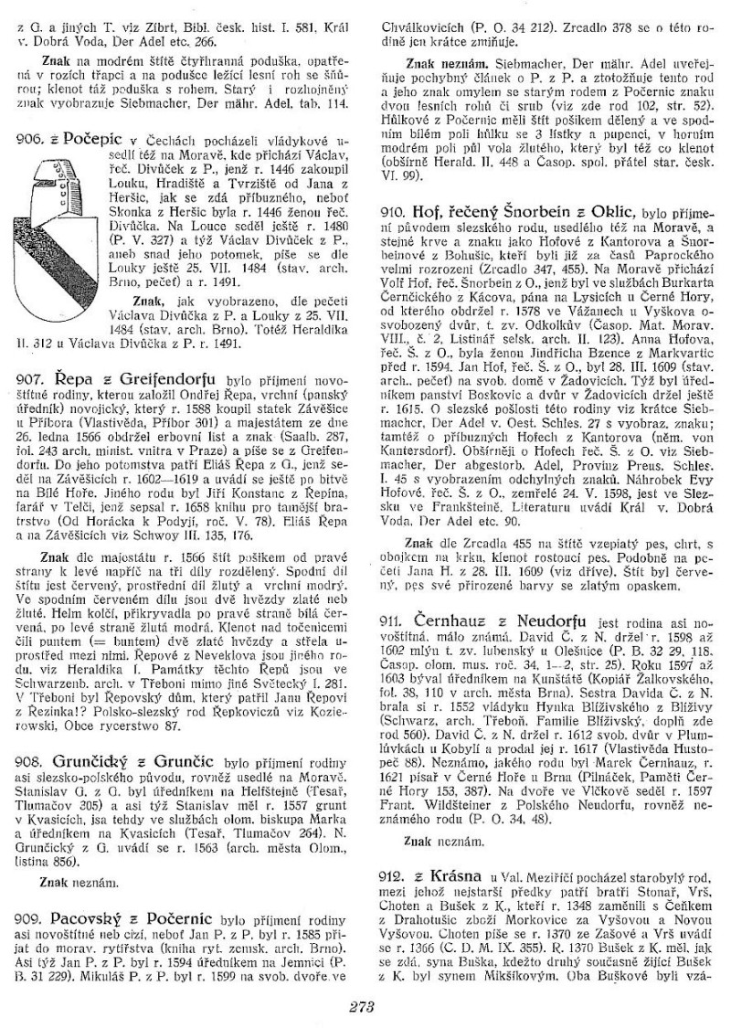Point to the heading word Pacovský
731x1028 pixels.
[91, 914]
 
